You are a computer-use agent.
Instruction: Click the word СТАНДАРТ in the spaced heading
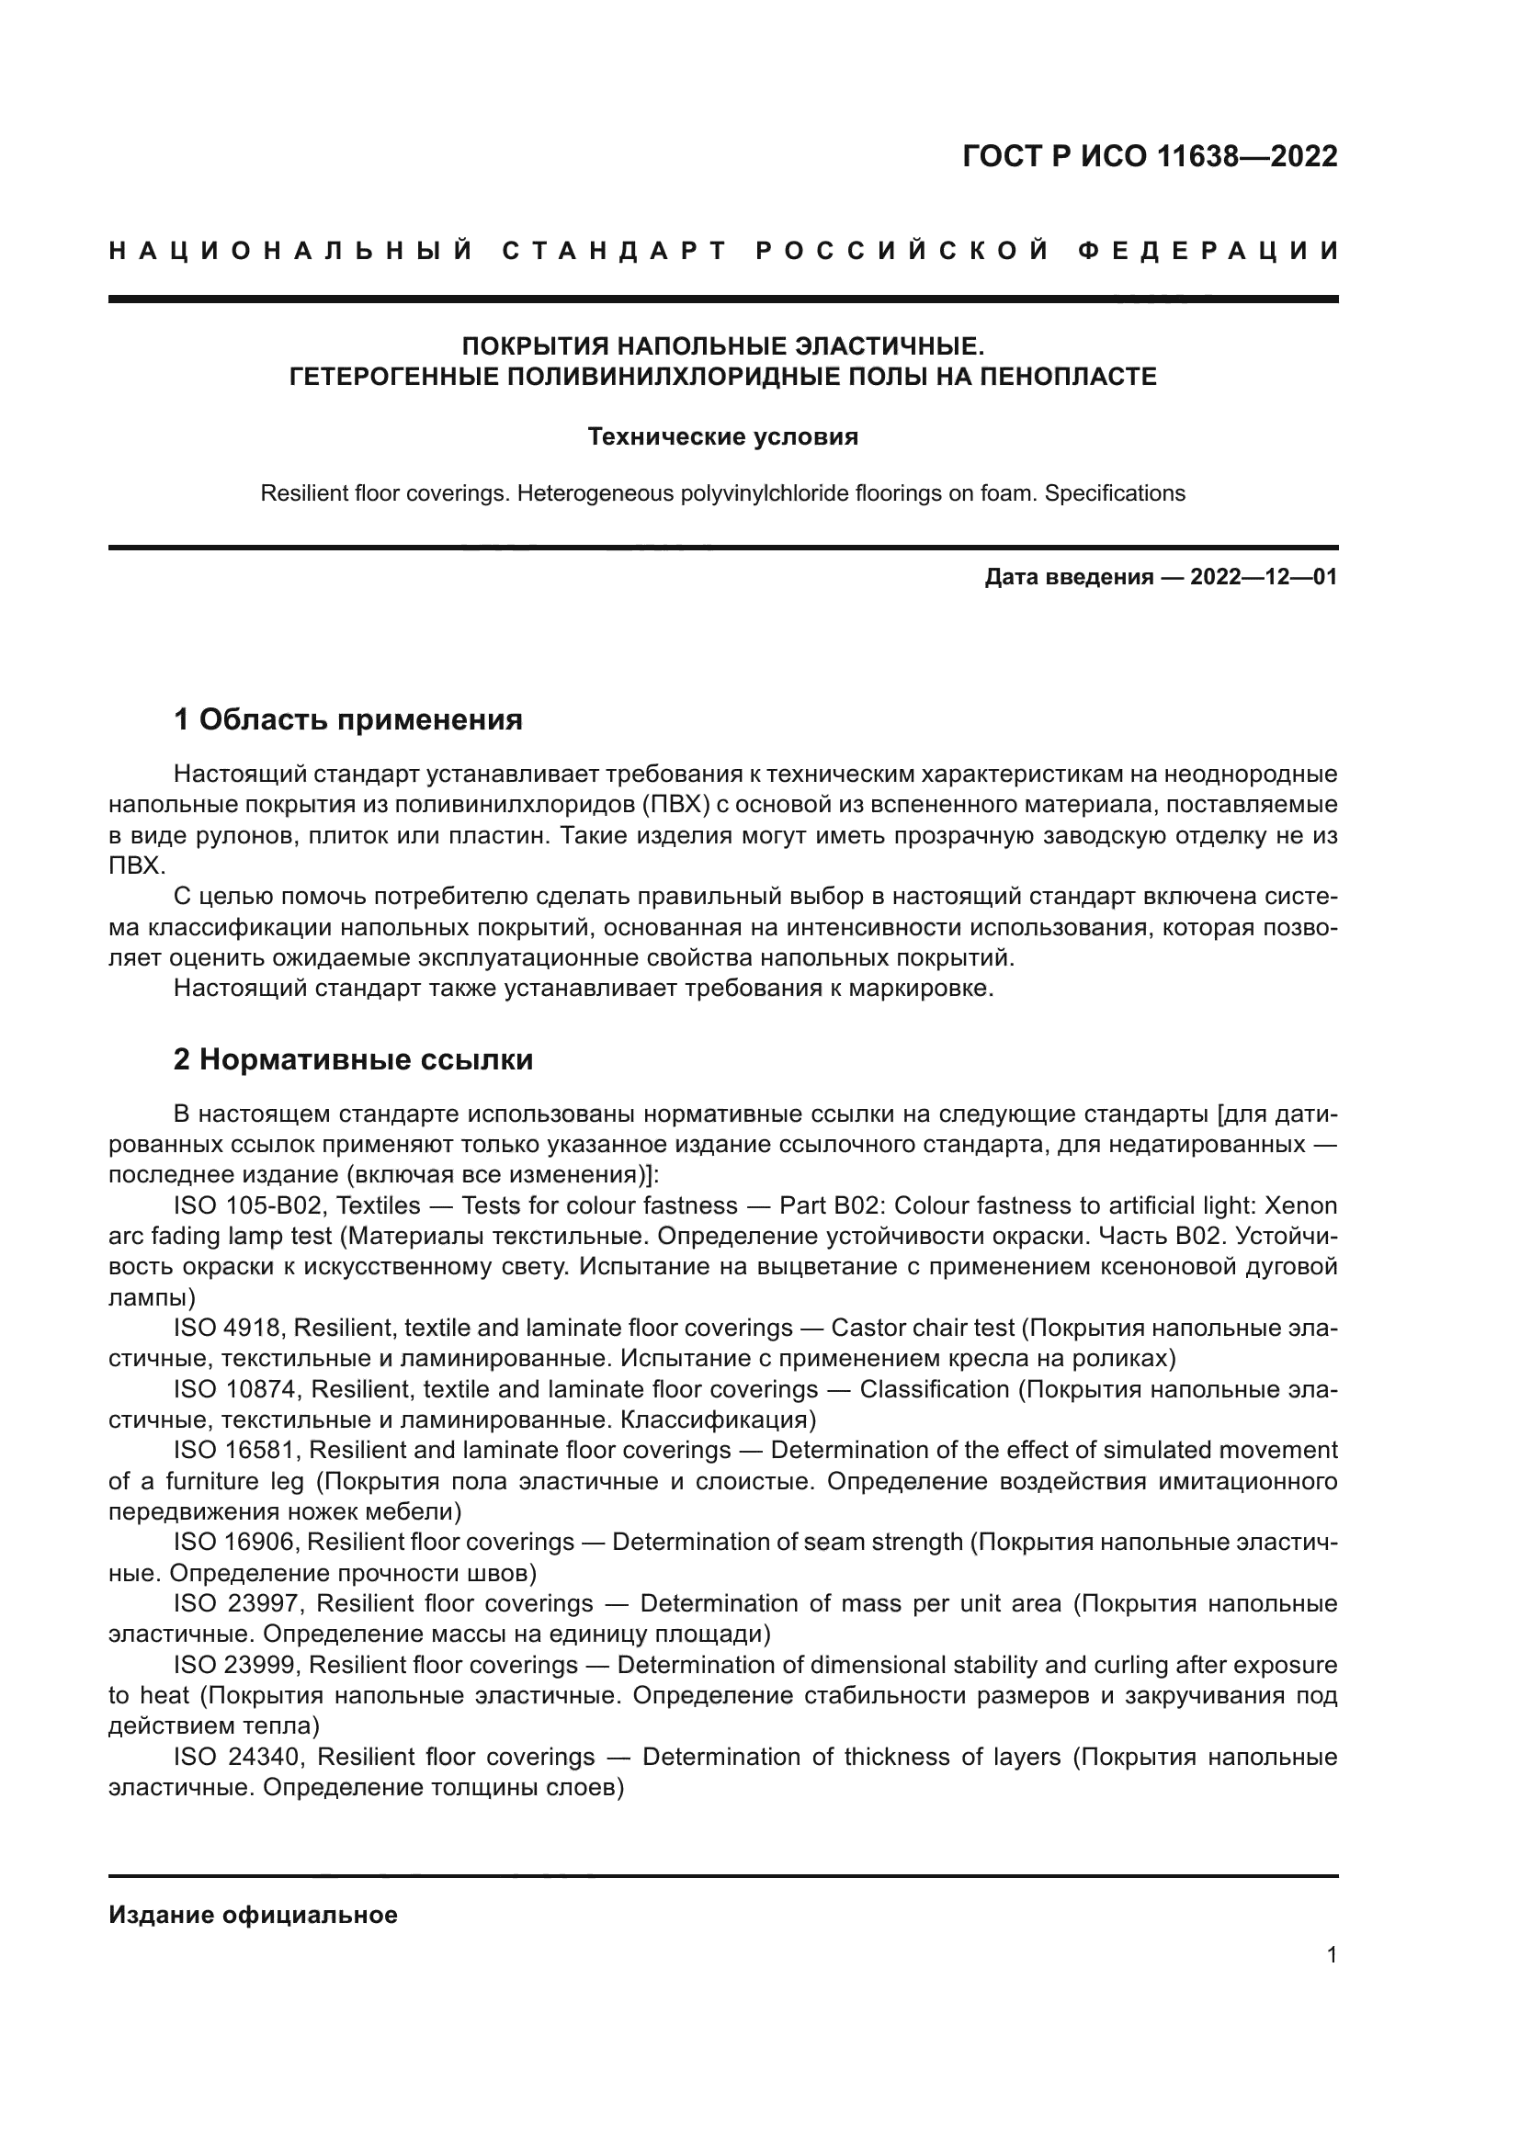[615, 251]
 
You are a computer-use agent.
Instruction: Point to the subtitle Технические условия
[722, 437]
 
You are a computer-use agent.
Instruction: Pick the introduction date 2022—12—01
[1264, 577]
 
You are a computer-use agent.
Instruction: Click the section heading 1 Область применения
[347, 719]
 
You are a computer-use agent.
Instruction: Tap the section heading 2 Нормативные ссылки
[353, 1059]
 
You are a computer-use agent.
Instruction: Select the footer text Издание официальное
[253, 1915]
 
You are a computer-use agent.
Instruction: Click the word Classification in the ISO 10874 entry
[934, 1389]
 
